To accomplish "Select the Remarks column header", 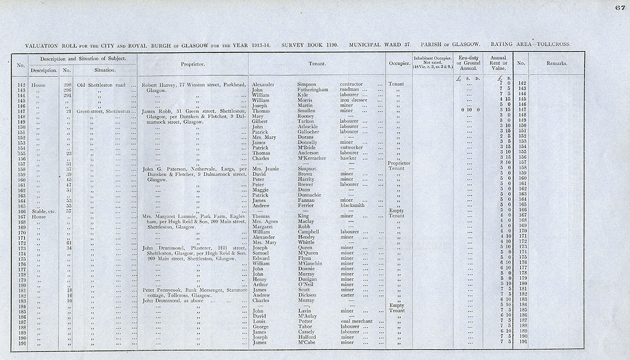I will coord(557,64).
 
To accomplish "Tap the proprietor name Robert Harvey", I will coord(159,84).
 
